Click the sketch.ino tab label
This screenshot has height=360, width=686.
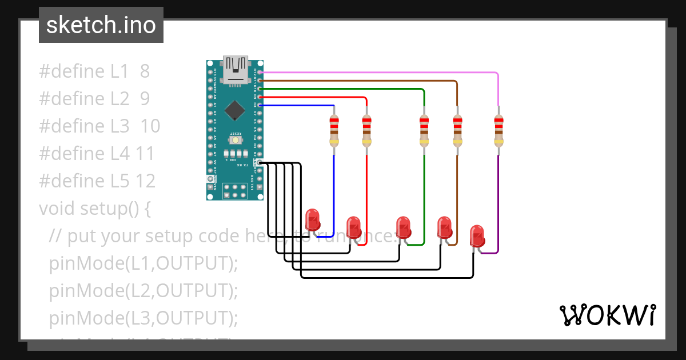(101, 26)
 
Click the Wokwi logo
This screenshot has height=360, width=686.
(607, 315)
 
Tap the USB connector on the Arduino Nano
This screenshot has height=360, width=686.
(236, 70)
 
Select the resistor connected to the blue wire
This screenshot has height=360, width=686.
(334, 130)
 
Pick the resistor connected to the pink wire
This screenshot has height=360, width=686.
(498, 130)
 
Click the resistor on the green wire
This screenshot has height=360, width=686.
(424, 130)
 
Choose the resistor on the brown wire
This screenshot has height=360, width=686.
(457, 130)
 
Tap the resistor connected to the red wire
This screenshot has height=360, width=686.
(366, 130)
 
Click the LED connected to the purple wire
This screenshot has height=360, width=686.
(477, 236)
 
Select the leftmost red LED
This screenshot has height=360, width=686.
(312, 220)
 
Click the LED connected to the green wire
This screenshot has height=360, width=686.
(403, 227)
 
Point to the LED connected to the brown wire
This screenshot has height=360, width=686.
(444, 227)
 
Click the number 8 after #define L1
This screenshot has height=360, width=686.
(145, 71)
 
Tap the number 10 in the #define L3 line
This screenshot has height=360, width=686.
(150, 126)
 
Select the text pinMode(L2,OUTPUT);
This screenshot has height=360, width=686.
(143, 291)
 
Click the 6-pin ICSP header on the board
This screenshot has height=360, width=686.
(234, 191)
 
